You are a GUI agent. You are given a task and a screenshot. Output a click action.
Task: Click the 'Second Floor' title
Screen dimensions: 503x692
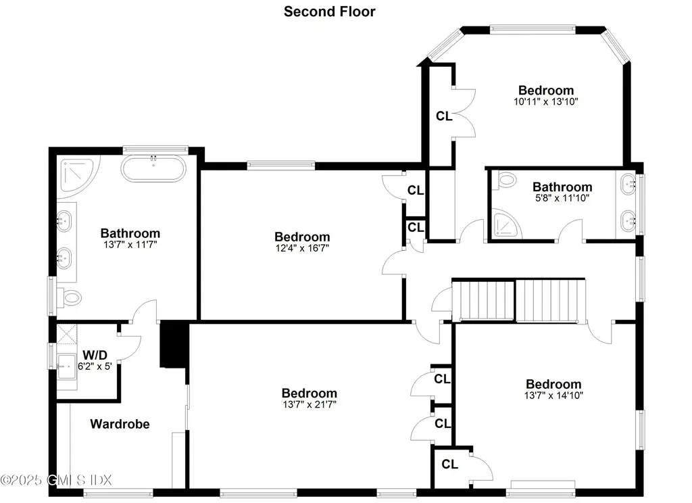[329, 11]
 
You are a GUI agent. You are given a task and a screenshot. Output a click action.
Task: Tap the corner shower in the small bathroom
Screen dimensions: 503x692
[504, 224]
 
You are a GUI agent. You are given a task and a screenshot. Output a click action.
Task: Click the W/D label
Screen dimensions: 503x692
[94, 354]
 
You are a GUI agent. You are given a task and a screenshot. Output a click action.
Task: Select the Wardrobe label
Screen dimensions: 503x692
[120, 424]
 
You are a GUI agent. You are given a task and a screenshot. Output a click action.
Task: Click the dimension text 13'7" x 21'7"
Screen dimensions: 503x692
[309, 404]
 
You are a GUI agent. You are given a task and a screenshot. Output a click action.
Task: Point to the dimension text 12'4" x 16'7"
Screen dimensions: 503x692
[302, 248]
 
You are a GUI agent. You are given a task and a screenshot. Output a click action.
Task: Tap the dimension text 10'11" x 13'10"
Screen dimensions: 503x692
[545, 101]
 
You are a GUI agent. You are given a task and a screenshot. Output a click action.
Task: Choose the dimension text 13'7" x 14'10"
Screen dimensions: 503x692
[553, 395]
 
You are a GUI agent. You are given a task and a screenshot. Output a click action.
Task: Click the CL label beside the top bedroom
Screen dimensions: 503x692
[443, 116]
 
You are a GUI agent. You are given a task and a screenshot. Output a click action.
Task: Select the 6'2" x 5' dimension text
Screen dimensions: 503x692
[95, 366]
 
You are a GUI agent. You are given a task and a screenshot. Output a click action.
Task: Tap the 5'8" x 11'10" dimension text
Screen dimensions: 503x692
[562, 198]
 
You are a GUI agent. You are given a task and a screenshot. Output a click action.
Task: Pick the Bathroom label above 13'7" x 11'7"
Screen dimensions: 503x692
[130, 234]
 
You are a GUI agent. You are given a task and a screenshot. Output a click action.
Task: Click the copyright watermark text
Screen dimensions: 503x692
[56, 479]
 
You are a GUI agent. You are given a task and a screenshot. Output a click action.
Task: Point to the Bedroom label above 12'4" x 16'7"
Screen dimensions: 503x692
[302, 237]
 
